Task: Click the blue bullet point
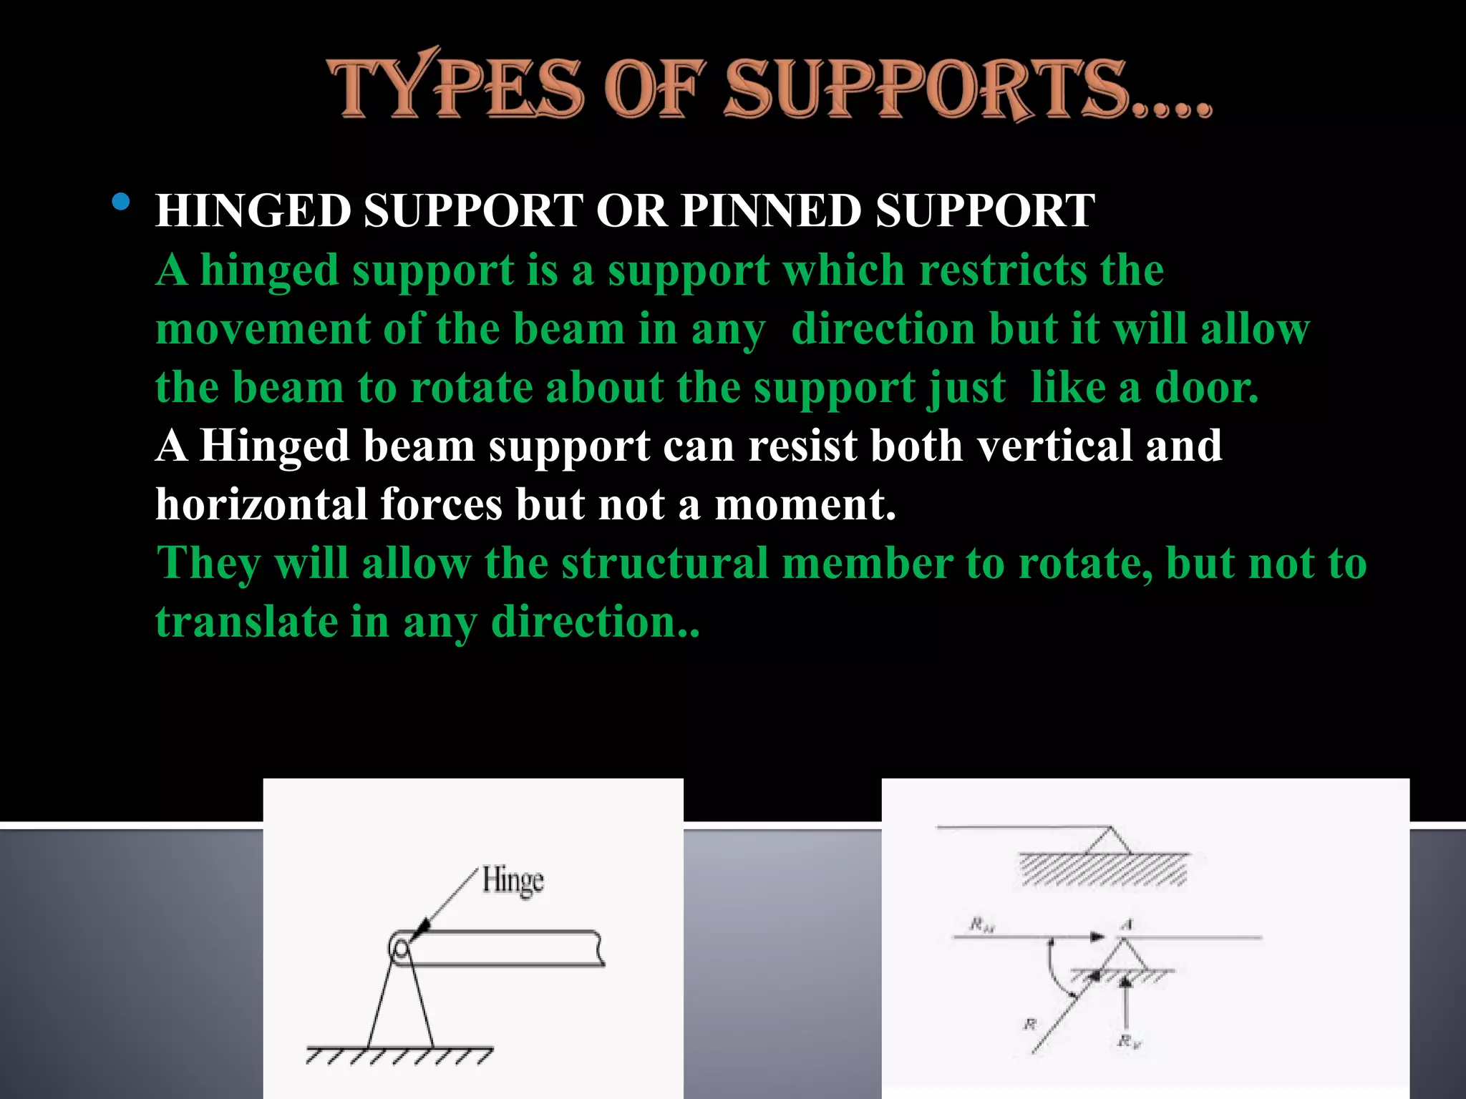(122, 202)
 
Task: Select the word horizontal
(261, 504)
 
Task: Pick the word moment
(805, 504)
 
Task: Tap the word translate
(246, 622)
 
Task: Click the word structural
(665, 563)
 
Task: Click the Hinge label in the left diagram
(513, 880)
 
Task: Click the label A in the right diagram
(1126, 924)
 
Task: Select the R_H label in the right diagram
(981, 925)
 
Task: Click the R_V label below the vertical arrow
(1129, 1041)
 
